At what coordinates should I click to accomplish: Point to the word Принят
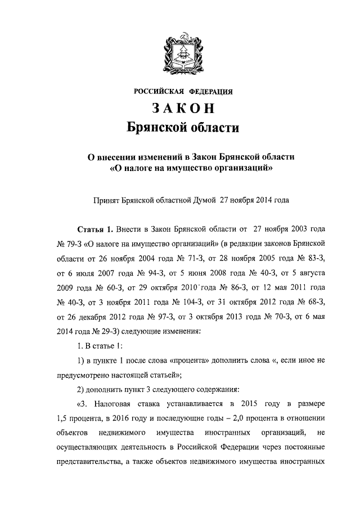[x=106, y=199]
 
